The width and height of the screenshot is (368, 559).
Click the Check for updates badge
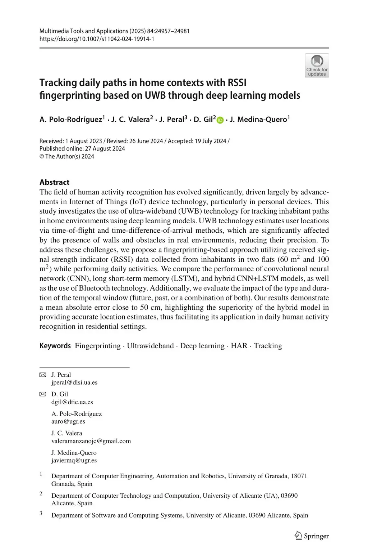317,66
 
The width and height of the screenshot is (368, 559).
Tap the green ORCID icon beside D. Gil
220,120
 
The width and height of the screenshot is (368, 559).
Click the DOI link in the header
97,39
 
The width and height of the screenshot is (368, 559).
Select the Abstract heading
54,182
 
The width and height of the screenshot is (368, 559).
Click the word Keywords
55,346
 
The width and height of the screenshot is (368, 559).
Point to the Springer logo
312,536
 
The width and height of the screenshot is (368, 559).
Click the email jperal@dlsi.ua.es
74,383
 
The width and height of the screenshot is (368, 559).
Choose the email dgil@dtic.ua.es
72,402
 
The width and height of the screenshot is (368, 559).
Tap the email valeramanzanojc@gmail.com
91,441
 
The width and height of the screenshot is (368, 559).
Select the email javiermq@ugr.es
74,460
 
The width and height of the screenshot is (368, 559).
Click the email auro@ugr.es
68,421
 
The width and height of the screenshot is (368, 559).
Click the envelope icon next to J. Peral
43,375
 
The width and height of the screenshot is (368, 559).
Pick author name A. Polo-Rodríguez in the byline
71,120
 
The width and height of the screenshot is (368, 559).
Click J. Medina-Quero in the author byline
258,120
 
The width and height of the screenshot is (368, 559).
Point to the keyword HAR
239,346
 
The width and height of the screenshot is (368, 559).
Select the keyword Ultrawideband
150,346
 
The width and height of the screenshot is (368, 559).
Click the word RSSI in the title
237,83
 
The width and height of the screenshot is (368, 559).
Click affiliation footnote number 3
41,513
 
